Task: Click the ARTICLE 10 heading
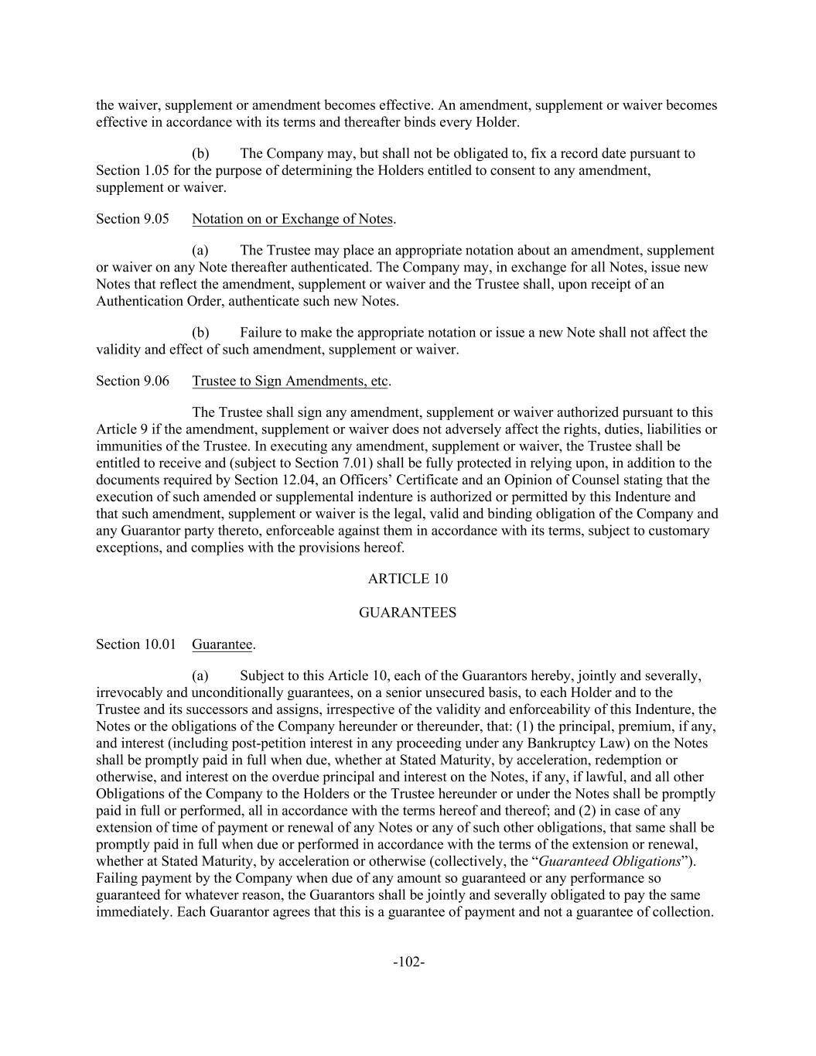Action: coord(408,579)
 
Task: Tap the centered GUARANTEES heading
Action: coord(408,612)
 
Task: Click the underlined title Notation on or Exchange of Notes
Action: coord(292,219)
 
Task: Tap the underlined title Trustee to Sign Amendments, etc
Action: coord(290,381)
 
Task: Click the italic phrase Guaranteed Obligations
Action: coord(609,861)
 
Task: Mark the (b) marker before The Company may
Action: coord(200,153)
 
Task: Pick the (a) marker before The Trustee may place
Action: coord(200,250)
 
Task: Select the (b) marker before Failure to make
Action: coord(200,333)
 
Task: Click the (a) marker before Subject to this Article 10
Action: coord(200,676)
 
